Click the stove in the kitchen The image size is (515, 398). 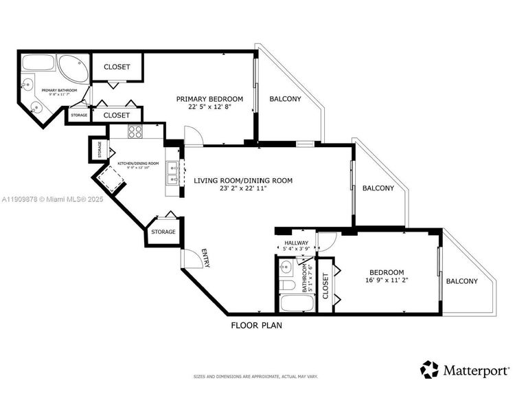(135, 133)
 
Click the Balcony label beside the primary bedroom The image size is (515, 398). (285, 99)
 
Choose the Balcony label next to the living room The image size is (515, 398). (378, 188)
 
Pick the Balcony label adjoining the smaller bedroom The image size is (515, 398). (463, 281)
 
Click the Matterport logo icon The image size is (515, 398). (430, 369)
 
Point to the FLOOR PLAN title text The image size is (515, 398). (256, 326)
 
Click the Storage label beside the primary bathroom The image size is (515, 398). (78, 115)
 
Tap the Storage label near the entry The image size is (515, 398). (163, 232)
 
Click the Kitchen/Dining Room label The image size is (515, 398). (138, 163)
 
